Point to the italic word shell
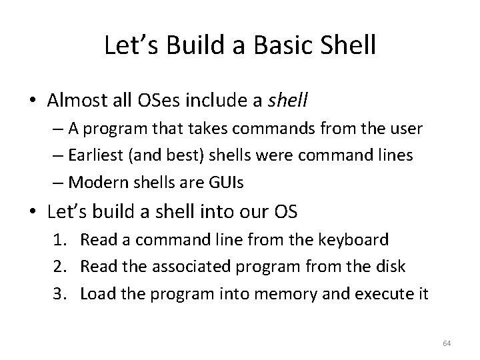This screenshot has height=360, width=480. point(287,101)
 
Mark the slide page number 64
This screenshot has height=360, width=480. point(447,343)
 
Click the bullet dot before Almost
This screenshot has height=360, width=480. point(33,101)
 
